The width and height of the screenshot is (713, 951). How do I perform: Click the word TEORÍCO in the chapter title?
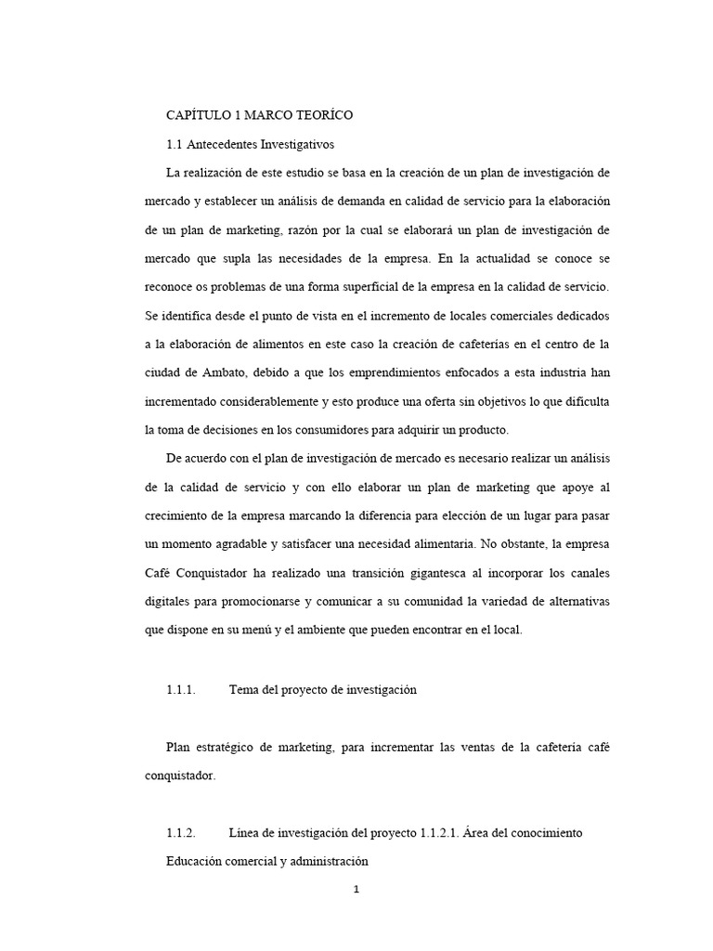point(324,115)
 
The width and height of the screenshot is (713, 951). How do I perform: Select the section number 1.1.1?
point(181,689)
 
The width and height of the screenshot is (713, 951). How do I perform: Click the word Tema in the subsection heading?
point(244,689)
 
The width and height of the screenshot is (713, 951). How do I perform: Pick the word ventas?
point(473,749)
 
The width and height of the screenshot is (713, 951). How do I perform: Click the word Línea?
point(247,833)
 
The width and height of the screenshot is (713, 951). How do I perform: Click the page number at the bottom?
point(356,890)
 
